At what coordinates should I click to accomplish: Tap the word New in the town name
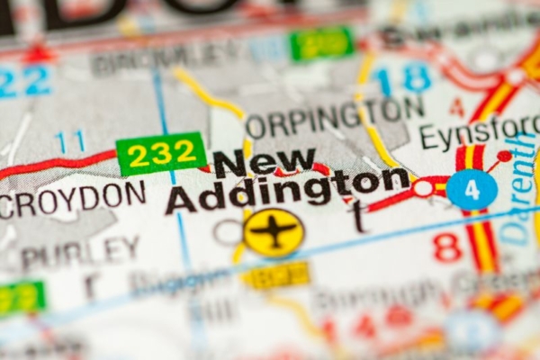pyautogui.click(x=265, y=163)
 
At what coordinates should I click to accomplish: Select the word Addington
pyautogui.click(x=286, y=191)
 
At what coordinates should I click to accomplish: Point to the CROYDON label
pyautogui.click(x=72, y=198)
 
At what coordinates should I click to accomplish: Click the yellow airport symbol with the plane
pyautogui.click(x=274, y=232)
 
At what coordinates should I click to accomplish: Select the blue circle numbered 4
pyautogui.click(x=472, y=190)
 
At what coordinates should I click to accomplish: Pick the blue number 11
pyautogui.click(x=69, y=141)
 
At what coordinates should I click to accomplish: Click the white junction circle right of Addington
pyautogui.click(x=423, y=188)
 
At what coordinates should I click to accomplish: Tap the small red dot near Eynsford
pyautogui.click(x=503, y=157)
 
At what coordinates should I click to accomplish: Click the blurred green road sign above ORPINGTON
pyautogui.click(x=321, y=42)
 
